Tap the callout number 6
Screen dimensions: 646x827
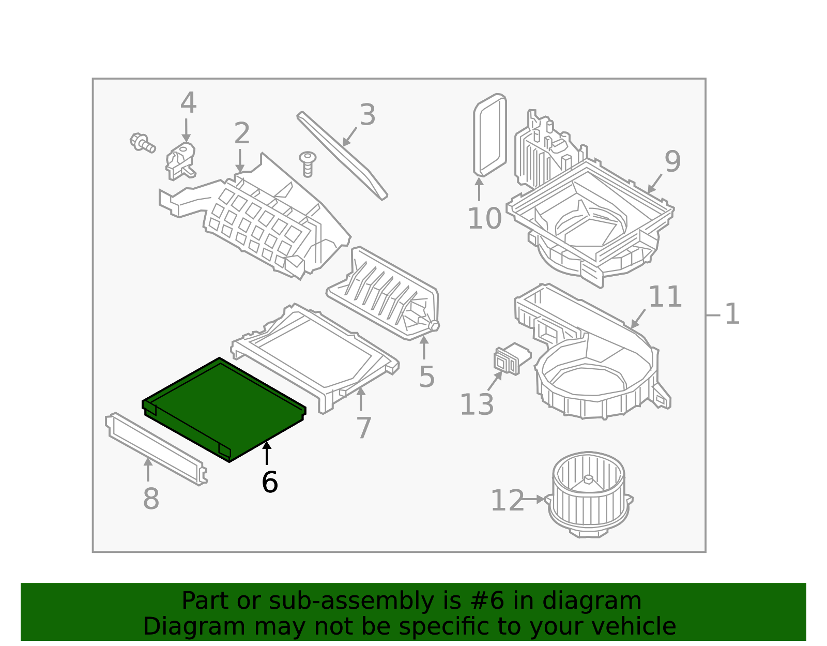coord(269,482)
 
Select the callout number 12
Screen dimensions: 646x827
coord(507,501)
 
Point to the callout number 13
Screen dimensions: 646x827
coord(476,404)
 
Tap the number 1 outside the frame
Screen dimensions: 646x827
coord(732,314)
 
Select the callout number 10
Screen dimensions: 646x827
coord(484,218)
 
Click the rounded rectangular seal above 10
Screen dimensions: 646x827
coord(489,136)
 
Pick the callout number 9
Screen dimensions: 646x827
coord(672,161)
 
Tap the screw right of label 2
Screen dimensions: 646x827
coord(308,163)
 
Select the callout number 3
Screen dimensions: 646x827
coord(367,115)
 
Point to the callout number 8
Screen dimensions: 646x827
coord(150,499)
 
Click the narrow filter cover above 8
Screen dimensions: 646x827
coord(155,448)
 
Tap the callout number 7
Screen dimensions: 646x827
coord(363,428)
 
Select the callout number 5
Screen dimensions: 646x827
coord(426,377)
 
